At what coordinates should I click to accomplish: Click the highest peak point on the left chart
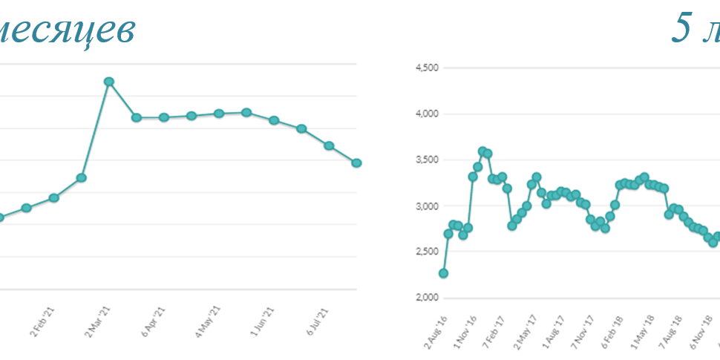[x=108, y=81]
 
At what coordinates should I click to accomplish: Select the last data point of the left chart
[x=356, y=163]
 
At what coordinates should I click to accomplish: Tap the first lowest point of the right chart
[x=443, y=273]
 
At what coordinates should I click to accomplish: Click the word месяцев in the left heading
[x=67, y=30]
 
